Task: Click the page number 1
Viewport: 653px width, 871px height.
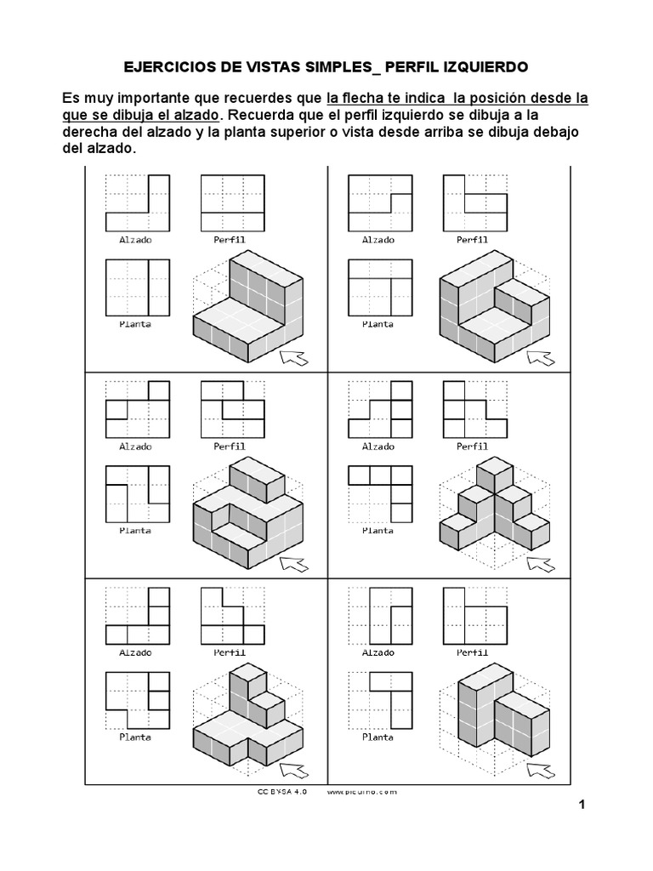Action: pyautogui.click(x=582, y=804)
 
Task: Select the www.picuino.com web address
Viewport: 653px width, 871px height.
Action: pyautogui.click(x=361, y=791)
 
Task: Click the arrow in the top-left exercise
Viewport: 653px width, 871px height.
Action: pyautogui.click(x=295, y=356)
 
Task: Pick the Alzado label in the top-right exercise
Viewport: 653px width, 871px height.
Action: pyautogui.click(x=378, y=240)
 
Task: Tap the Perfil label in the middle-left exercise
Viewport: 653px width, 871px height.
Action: pyautogui.click(x=230, y=446)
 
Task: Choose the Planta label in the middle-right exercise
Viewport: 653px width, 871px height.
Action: pyautogui.click(x=378, y=530)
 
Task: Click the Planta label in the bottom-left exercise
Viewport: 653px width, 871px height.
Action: pyautogui.click(x=135, y=737)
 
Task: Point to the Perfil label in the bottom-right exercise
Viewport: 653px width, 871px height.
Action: pyautogui.click(x=473, y=652)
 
